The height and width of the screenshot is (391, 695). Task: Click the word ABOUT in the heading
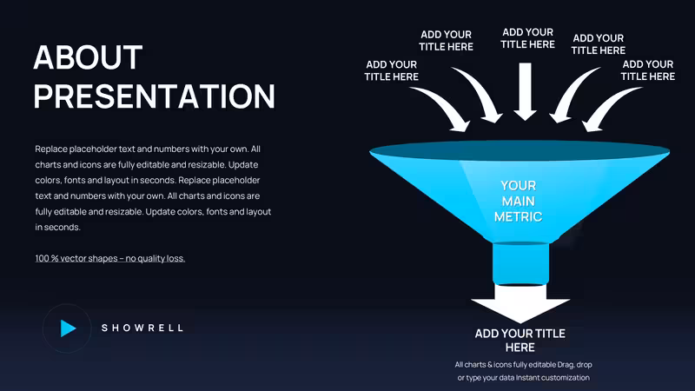88,57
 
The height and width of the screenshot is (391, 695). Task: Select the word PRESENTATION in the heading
155,96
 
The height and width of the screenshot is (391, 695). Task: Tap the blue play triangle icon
69,328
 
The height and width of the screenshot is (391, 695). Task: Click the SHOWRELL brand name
142,328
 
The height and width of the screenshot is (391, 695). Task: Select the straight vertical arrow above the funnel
526,91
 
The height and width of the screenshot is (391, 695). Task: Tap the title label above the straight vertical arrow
527,38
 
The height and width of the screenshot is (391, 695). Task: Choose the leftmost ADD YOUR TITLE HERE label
392,70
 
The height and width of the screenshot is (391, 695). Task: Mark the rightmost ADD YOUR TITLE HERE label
647,70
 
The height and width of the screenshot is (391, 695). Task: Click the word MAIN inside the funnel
518,201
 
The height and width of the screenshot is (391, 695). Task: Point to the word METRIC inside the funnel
518,216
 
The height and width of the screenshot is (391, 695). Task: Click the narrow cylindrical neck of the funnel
520,264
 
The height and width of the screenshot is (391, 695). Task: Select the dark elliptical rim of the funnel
520,150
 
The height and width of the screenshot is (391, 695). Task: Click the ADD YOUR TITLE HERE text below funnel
520,340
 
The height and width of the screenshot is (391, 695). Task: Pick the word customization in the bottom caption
563,378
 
